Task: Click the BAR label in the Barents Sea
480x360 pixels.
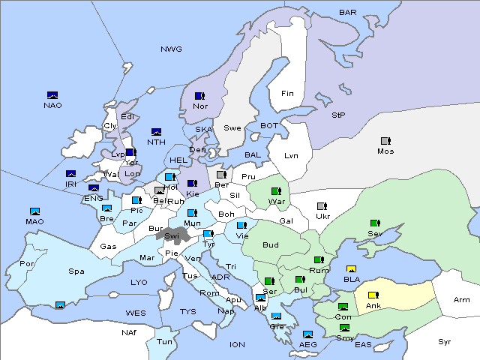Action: [x=348, y=12]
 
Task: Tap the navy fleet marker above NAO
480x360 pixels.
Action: [x=52, y=95]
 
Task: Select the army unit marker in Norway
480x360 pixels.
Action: [x=199, y=96]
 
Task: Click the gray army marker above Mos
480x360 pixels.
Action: [x=385, y=141]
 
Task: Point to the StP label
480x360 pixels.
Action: [x=338, y=115]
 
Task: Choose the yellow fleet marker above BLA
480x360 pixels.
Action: [x=351, y=269]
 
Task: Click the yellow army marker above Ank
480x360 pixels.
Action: [x=373, y=295]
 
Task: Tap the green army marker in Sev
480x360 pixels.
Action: [x=375, y=223]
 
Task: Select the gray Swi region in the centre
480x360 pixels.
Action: [x=172, y=235]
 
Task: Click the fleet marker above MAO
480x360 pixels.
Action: [x=34, y=212]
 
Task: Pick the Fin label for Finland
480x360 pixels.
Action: [x=287, y=94]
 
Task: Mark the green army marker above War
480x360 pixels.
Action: [x=276, y=191]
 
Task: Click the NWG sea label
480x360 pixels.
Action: [x=171, y=49]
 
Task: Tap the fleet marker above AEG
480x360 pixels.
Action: [x=307, y=334]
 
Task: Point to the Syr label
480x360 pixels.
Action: [x=445, y=341]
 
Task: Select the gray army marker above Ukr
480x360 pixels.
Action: [x=322, y=206]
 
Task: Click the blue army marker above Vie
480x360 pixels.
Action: [x=241, y=225]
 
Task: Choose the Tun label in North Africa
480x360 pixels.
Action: [x=164, y=341]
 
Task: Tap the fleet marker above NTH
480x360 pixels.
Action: [x=157, y=132]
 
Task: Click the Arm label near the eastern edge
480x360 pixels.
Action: [x=462, y=300]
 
